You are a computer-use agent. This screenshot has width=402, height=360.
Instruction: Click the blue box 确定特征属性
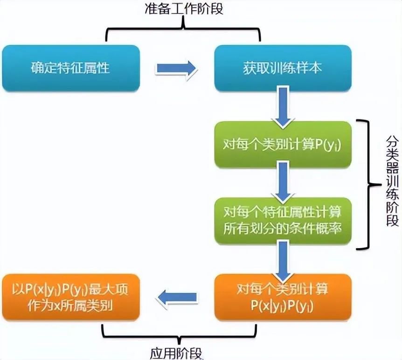(x=70, y=68)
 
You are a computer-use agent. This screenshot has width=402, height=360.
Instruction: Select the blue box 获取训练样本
(x=283, y=68)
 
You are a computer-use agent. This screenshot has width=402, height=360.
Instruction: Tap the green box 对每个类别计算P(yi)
(x=283, y=145)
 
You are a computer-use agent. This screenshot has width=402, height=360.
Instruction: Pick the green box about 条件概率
(x=283, y=220)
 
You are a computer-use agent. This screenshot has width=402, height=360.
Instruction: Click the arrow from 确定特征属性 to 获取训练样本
(x=176, y=68)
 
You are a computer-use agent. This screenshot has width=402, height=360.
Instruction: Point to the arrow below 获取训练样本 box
(x=283, y=106)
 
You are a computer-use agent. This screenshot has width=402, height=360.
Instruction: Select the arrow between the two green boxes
(x=283, y=182)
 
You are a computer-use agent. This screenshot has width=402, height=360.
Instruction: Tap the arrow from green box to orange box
(x=283, y=259)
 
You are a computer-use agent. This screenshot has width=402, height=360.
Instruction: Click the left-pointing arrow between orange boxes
(x=176, y=297)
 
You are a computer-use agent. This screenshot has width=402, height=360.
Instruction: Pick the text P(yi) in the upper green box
(x=329, y=145)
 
